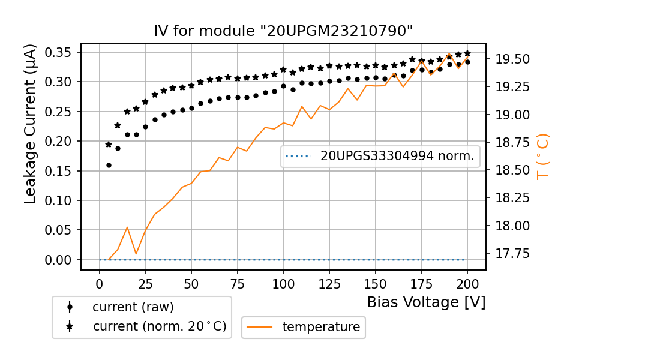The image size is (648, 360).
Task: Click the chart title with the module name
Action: coord(283,31)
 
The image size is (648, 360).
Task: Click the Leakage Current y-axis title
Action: coord(31,124)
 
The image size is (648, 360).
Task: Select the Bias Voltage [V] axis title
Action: coord(426,302)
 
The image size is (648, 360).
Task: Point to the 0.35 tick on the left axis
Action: coord(59,52)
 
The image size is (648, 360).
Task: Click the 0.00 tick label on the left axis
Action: coord(59,260)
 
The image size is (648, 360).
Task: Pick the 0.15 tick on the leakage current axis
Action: coord(59,171)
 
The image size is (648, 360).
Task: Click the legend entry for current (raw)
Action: coord(133,307)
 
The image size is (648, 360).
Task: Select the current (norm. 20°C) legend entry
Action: coord(159,327)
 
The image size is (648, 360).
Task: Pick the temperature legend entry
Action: coord(321,327)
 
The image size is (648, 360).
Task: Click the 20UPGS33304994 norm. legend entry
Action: coord(397,157)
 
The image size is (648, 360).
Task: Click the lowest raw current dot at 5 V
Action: coord(109,165)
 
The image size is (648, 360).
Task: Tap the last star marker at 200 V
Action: coord(467,53)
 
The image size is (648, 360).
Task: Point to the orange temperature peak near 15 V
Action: coord(127,227)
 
